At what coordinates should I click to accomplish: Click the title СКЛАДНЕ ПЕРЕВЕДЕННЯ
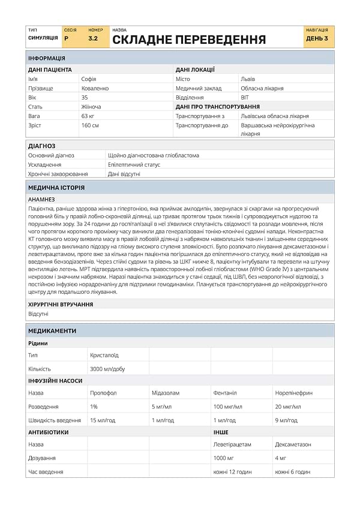pos(189,40)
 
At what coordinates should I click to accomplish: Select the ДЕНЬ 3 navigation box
pos(317,38)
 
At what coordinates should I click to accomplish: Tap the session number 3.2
pos(93,38)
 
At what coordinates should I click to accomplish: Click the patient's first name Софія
pos(89,79)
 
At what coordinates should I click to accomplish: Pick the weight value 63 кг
pos(88,116)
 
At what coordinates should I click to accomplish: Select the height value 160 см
pos(91,125)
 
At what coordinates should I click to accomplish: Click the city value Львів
pos(248,79)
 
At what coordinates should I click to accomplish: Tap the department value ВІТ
pos(245,97)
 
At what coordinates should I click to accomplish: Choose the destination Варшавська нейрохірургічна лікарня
pos(277,129)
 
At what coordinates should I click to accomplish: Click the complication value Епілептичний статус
pos(134,164)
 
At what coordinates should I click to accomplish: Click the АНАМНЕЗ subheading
pos(41,199)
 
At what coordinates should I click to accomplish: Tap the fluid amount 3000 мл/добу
pos(107,369)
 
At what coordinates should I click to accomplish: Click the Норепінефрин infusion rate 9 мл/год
pos(286,420)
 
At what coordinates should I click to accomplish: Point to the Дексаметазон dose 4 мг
pos(282,458)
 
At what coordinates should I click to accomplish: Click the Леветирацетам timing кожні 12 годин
pos(232,472)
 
